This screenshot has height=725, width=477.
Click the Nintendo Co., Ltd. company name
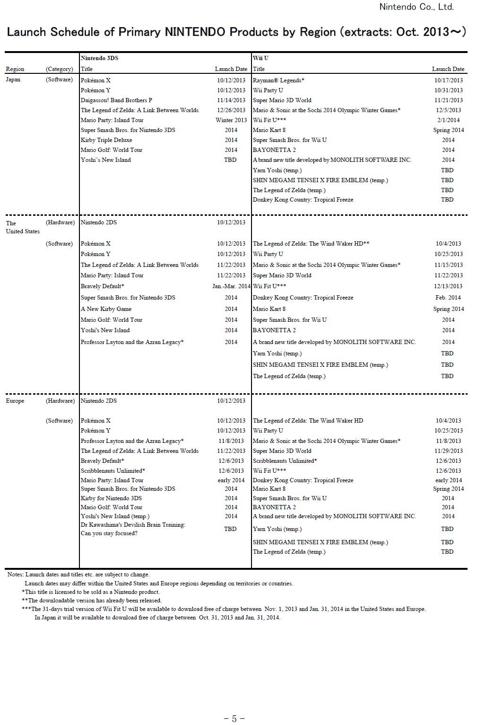click(416, 7)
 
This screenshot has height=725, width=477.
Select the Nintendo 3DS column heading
click(99, 58)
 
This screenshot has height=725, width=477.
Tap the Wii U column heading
click(260, 58)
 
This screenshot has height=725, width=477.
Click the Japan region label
click(13, 80)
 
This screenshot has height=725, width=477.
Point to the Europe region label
click(15, 401)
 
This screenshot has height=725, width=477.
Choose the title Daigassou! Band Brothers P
click(116, 100)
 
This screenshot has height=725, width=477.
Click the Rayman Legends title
click(278, 80)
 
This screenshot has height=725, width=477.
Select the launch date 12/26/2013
click(231, 110)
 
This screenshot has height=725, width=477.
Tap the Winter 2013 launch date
click(231, 120)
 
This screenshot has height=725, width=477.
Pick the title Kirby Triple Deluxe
click(106, 140)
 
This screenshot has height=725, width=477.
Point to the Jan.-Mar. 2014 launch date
click(231, 286)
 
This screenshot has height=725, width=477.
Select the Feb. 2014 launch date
click(448, 298)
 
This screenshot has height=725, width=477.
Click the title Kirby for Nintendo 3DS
click(111, 498)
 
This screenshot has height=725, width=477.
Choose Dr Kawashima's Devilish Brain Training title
click(133, 525)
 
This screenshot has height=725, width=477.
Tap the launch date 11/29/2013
click(449, 451)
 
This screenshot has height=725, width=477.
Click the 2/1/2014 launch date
click(449, 120)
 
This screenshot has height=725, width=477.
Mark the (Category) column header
click(60, 69)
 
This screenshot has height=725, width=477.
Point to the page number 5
click(234, 719)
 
